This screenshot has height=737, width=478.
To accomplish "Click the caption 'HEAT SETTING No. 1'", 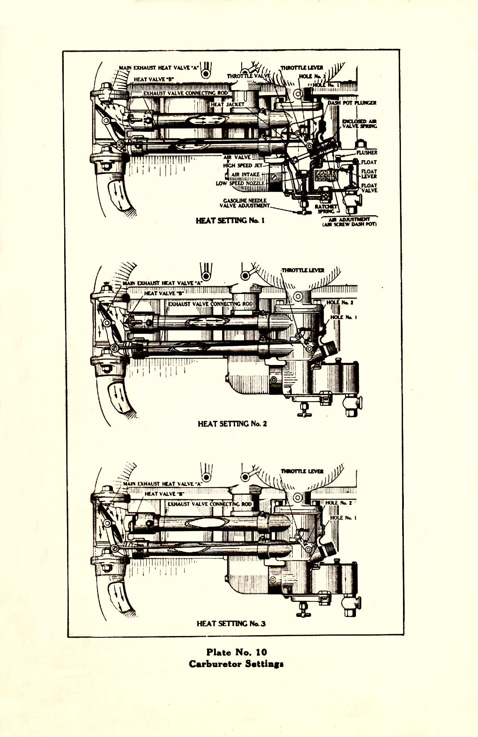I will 230,220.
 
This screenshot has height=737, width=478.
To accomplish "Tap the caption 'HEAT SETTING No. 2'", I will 232,424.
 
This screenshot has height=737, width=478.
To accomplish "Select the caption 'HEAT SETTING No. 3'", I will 231,624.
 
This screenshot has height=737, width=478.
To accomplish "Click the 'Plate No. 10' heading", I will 236,652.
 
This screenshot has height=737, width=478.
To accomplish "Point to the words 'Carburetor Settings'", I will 236,664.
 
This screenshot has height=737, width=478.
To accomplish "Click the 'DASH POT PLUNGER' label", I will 352,103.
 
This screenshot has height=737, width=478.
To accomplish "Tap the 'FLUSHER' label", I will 367,153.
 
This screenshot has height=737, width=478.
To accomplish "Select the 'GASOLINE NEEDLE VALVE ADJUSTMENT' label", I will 245,203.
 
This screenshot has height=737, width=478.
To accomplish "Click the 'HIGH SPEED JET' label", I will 243,166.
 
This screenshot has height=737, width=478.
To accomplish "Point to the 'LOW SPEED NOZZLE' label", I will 240,183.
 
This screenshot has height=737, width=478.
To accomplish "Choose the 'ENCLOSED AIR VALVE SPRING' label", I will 359,123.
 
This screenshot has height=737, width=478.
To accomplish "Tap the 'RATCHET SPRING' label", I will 325,209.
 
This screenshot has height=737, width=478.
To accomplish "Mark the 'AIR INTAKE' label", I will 245,174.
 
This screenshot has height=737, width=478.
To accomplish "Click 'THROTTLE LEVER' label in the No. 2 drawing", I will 303,270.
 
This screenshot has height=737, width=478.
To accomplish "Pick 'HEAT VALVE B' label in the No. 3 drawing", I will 164,494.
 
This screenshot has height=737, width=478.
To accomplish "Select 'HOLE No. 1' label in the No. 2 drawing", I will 343,317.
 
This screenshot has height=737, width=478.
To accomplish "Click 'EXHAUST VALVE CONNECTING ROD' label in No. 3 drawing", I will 210,504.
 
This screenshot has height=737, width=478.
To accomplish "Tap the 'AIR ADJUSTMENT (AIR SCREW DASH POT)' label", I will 349,222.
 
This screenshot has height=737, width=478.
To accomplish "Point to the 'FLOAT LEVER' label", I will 369,174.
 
